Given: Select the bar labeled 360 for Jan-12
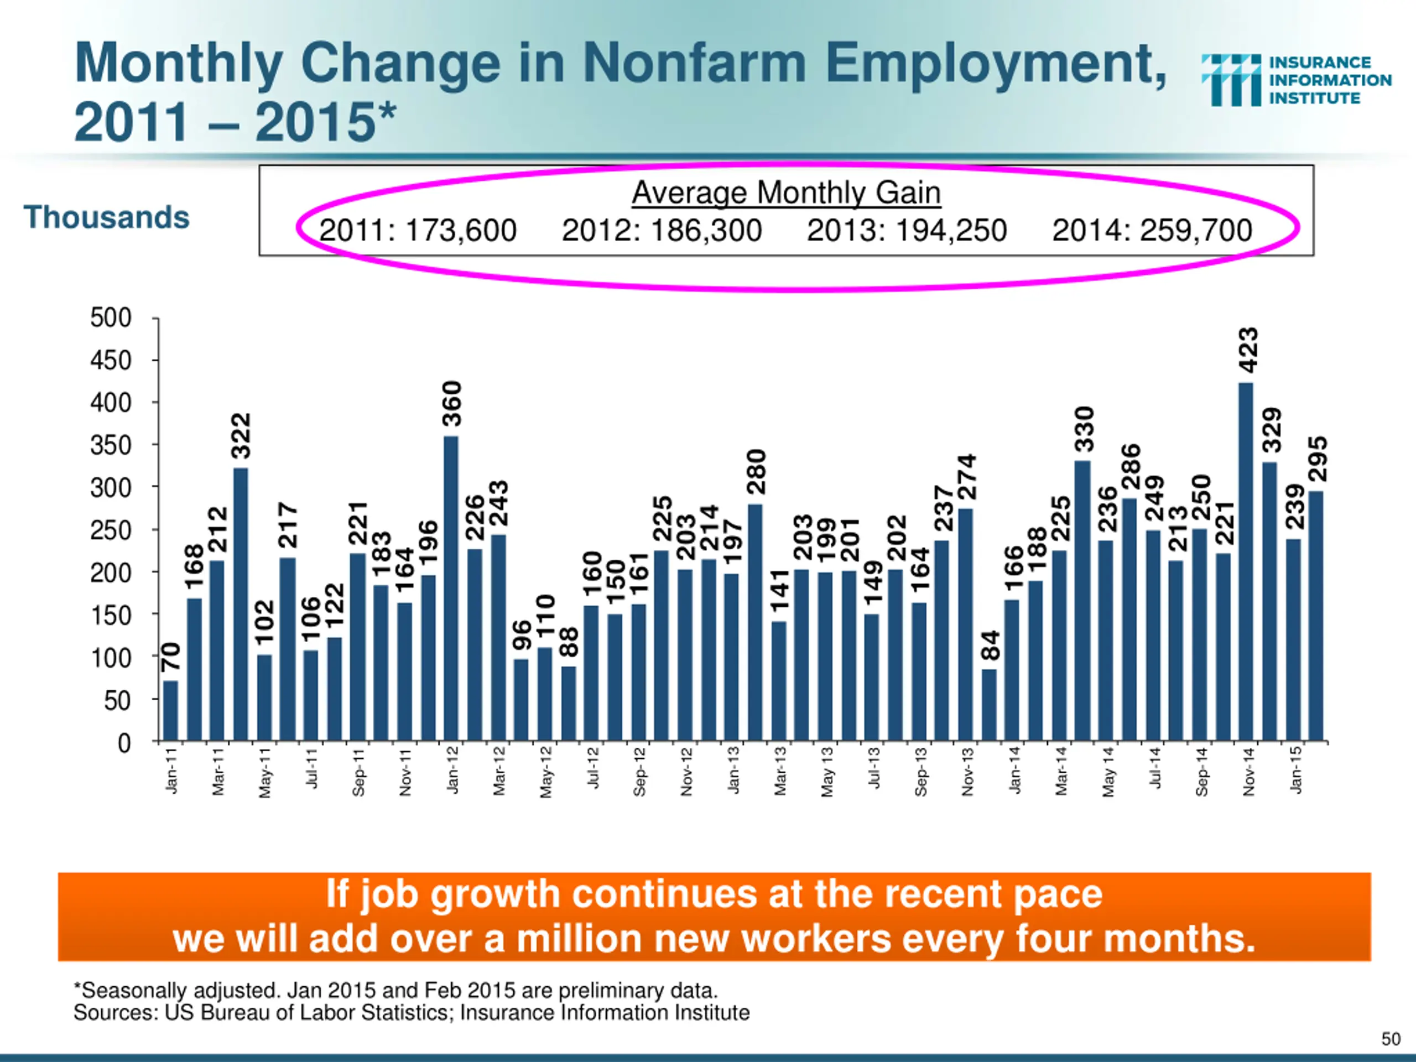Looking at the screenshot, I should pyautogui.click(x=451, y=589).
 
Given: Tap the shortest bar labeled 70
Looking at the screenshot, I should pyautogui.click(x=170, y=711).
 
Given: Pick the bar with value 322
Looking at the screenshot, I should pyautogui.click(x=241, y=605).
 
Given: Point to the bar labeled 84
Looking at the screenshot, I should pyautogui.click(x=989, y=705).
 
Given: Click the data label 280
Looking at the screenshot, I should pyautogui.click(x=756, y=472).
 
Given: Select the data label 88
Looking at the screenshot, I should pyautogui.click(x=569, y=642).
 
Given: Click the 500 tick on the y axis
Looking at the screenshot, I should pyautogui.click(x=111, y=317).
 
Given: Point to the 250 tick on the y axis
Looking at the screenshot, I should pyautogui.click(x=111, y=530).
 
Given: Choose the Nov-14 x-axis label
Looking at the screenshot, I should pyautogui.click(x=1249, y=772).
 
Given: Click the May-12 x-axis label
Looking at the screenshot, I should pyautogui.click(x=546, y=772).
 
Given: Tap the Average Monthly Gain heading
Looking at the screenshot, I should pyautogui.click(x=786, y=192).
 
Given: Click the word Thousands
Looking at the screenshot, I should pyautogui.click(x=106, y=217).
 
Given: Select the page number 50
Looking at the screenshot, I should pyautogui.click(x=1391, y=1038).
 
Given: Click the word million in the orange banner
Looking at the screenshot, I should pyautogui.click(x=579, y=939).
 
